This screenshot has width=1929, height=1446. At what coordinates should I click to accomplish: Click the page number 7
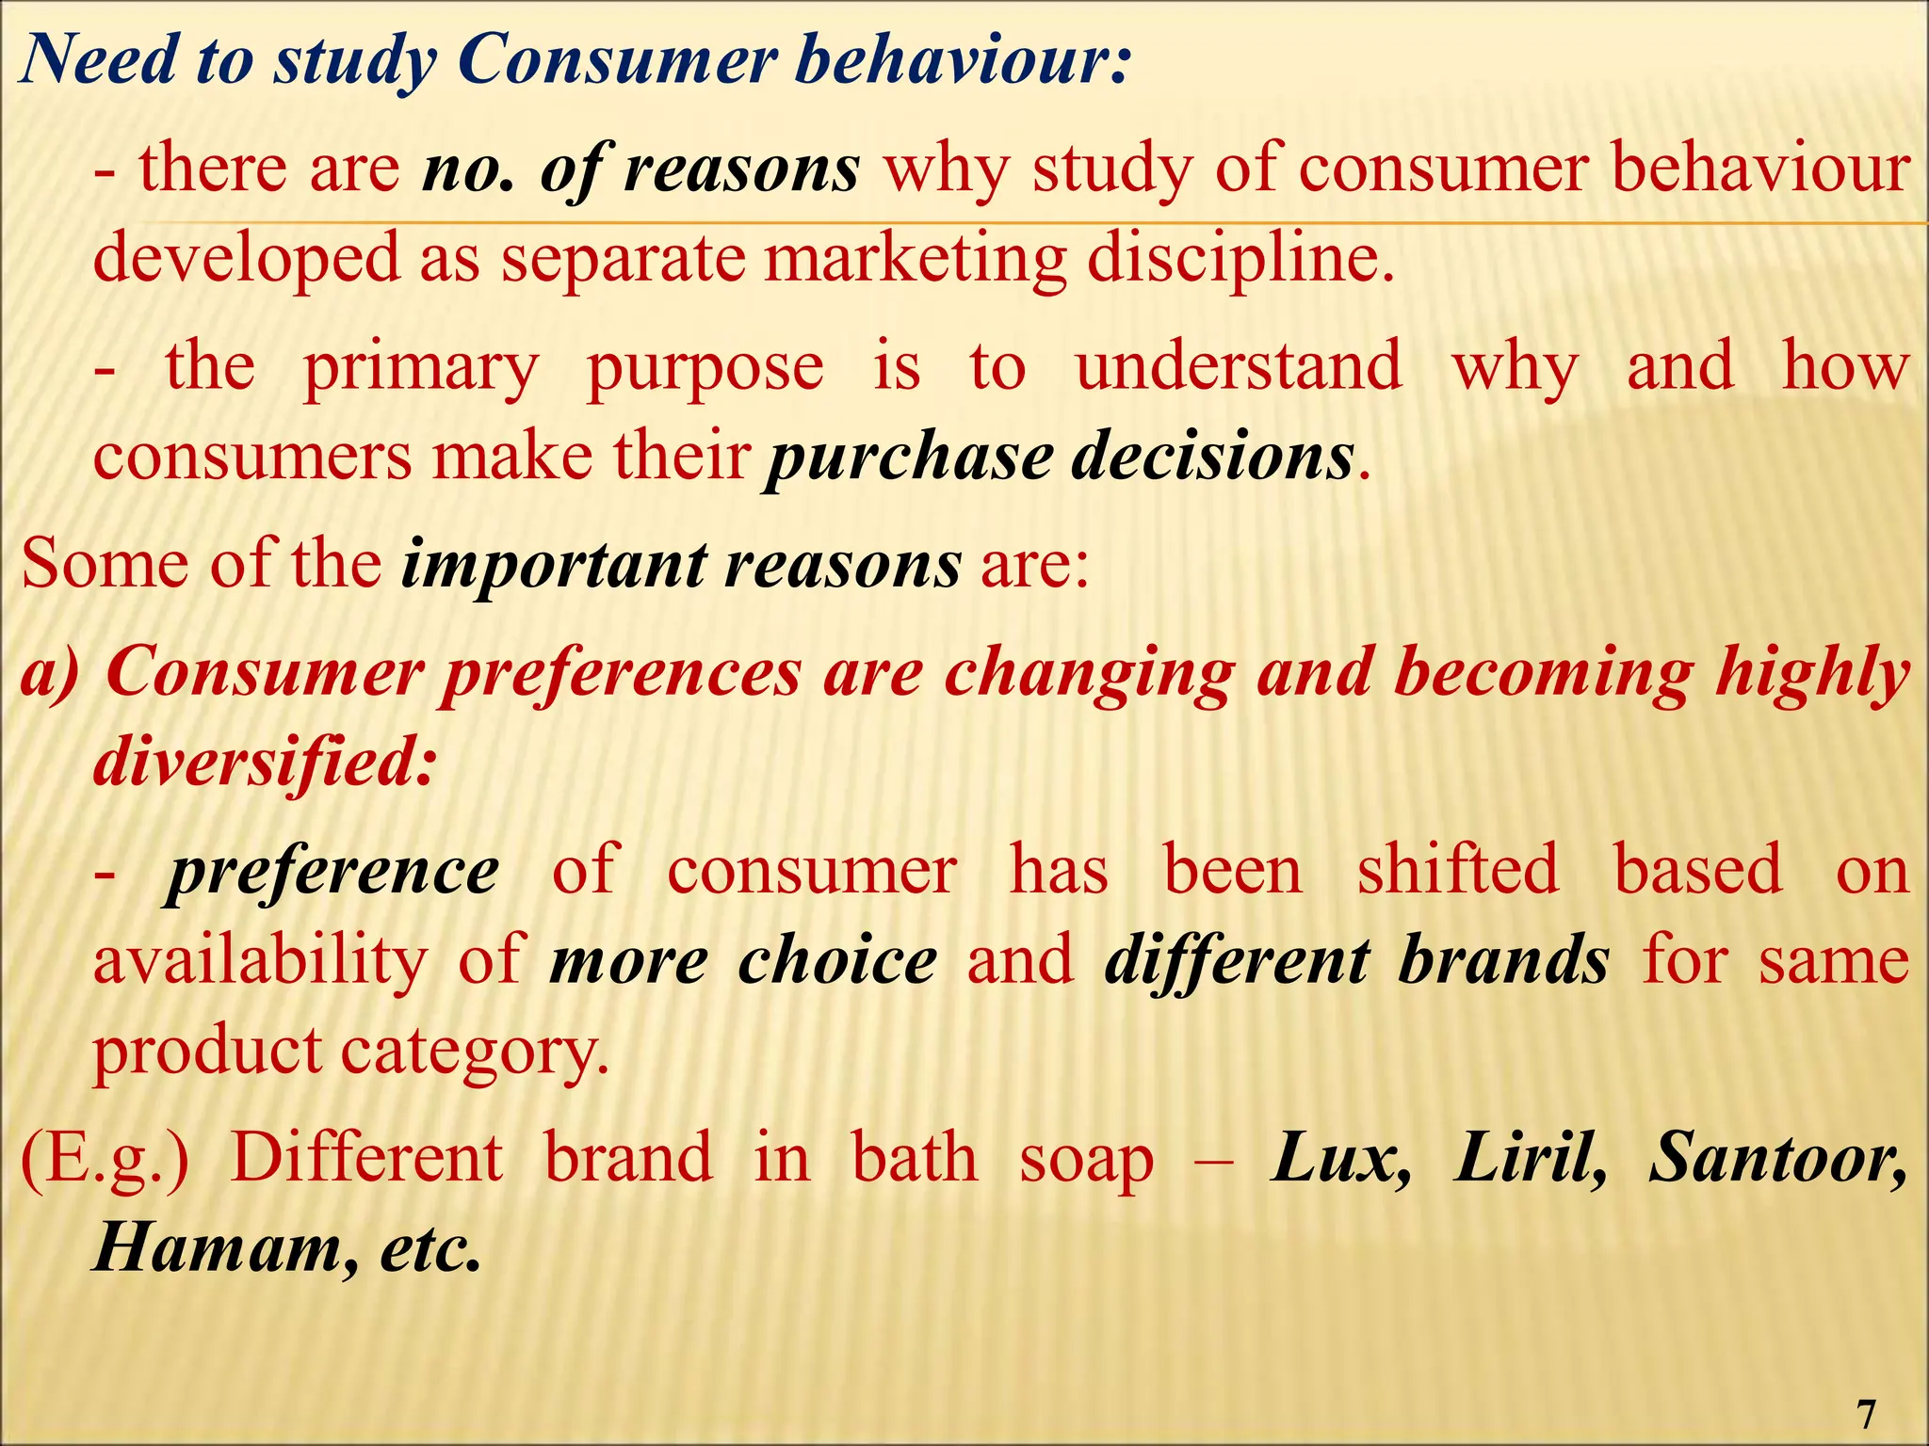coord(1866,1414)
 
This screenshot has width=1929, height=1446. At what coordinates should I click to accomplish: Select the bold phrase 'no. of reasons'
coord(640,169)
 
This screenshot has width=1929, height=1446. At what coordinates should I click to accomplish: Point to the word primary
coord(420,369)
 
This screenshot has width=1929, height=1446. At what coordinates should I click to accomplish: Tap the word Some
coord(104,564)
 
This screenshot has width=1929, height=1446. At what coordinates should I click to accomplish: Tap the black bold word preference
coord(332,874)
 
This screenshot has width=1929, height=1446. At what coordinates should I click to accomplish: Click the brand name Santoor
coord(1776,1158)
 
